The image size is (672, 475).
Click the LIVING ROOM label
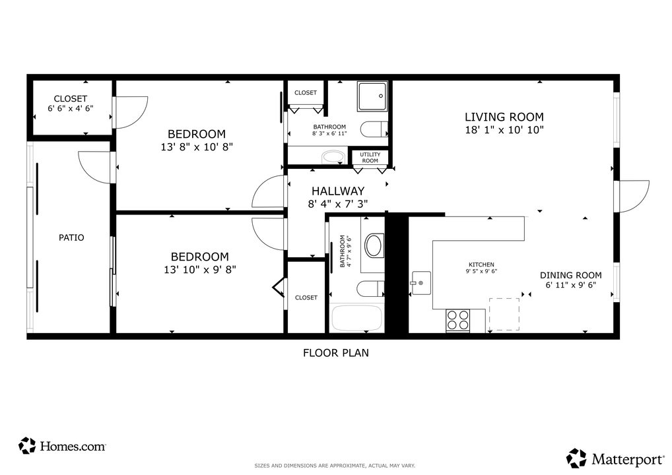click(x=504, y=117)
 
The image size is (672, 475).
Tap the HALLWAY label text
click(x=338, y=191)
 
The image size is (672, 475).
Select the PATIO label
click(x=71, y=237)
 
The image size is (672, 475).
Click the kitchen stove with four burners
click(x=457, y=320)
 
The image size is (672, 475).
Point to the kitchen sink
click(x=420, y=282)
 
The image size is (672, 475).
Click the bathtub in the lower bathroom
click(x=356, y=319)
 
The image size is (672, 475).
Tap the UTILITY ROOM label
click(x=370, y=158)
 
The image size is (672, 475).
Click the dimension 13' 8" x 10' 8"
click(x=196, y=146)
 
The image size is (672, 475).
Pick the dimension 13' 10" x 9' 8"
click(x=200, y=269)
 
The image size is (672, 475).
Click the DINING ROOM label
click(x=570, y=276)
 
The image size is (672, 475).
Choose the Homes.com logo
click(x=63, y=446)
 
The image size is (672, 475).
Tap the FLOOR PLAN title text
click(x=335, y=353)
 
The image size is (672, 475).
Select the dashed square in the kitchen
click(x=504, y=314)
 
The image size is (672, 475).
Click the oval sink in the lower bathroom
click(x=374, y=245)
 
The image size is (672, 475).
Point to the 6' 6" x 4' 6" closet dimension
click(x=71, y=108)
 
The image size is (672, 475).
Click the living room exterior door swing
click(x=632, y=196)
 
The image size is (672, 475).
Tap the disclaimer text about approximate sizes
click(x=335, y=466)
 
